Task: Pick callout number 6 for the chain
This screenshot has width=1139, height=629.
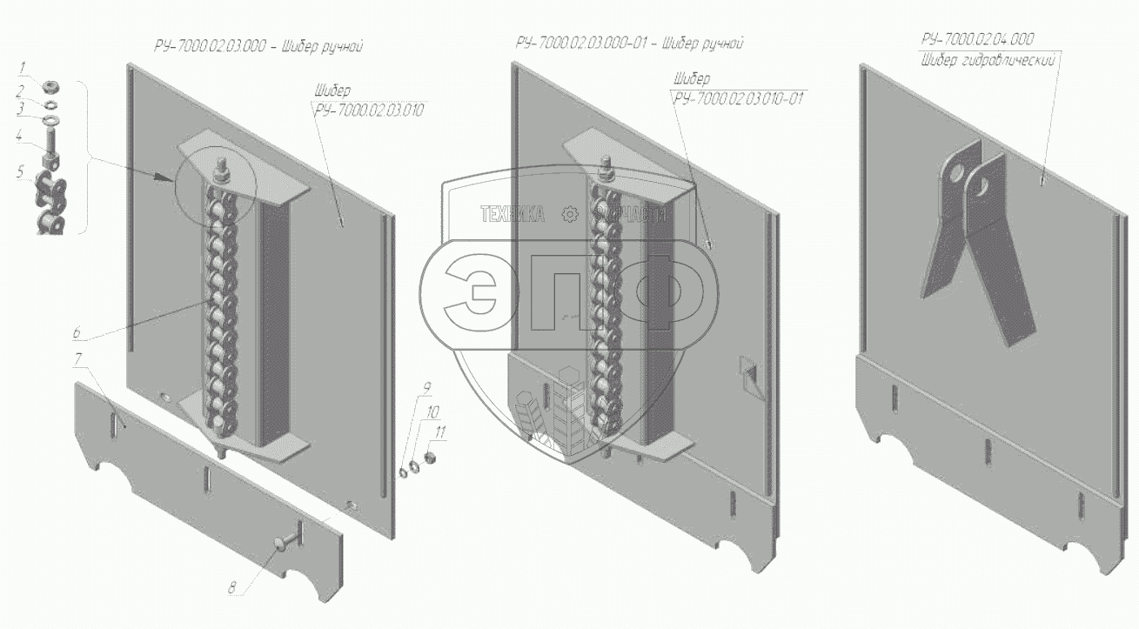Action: (x=77, y=332)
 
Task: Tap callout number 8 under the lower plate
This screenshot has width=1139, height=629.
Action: (x=232, y=587)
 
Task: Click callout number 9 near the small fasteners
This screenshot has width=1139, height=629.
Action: (x=426, y=387)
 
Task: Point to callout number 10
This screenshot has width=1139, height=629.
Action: (x=432, y=410)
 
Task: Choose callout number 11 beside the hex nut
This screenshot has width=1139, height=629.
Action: (x=440, y=432)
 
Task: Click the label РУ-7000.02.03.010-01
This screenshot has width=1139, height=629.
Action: (x=737, y=98)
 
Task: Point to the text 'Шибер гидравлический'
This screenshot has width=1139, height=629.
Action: (x=988, y=60)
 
